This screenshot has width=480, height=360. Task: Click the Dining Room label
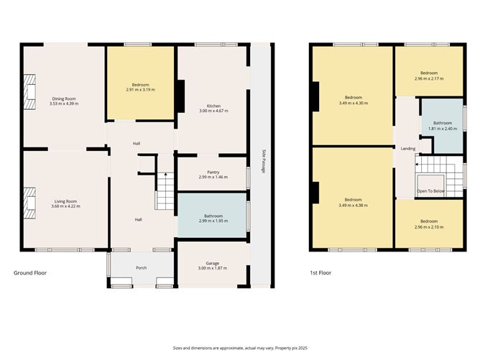click(x=64, y=98)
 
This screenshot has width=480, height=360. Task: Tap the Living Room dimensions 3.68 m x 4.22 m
click(x=64, y=206)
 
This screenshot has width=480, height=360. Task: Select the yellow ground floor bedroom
click(x=141, y=83)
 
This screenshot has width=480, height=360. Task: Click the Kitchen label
click(x=213, y=106)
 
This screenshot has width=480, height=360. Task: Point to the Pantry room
click(x=212, y=174)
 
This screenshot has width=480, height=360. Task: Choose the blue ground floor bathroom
click(x=212, y=218)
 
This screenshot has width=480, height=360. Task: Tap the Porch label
click(x=142, y=268)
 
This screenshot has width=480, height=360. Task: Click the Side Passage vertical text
click(x=264, y=161)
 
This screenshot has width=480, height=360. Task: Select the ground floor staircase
click(x=165, y=190)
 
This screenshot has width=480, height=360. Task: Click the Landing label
click(x=407, y=149)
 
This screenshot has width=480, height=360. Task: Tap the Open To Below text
click(x=431, y=191)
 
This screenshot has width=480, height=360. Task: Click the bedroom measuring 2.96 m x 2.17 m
click(x=428, y=75)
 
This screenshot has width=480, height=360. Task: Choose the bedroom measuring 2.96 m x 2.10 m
click(x=428, y=223)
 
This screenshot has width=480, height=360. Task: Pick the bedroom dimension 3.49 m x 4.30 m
click(x=352, y=103)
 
